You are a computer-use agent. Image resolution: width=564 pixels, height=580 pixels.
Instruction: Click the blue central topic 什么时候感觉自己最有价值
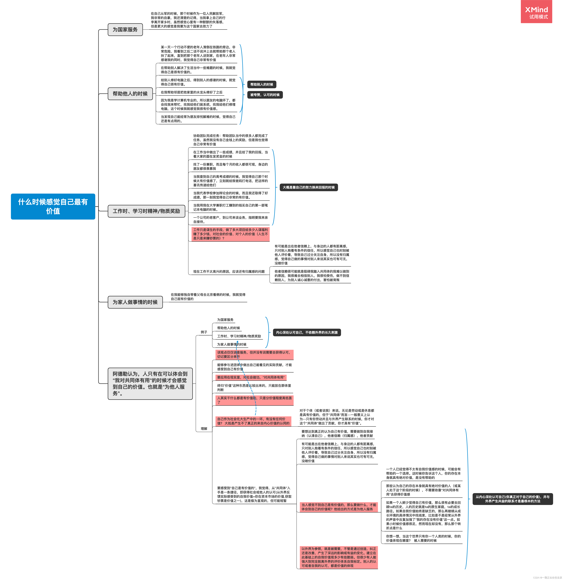[53, 206]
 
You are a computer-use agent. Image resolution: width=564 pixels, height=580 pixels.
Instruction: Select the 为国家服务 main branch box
[125, 30]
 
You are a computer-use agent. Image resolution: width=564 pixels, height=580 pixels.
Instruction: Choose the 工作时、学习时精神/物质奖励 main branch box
[146, 211]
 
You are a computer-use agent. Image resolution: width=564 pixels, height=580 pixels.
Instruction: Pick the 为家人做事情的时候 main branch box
[135, 302]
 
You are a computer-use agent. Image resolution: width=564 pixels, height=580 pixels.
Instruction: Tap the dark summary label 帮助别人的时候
[262, 84]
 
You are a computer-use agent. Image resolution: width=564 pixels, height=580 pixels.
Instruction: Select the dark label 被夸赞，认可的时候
[265, 95]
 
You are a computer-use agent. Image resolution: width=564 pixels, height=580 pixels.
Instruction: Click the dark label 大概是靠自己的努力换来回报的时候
[309, 187]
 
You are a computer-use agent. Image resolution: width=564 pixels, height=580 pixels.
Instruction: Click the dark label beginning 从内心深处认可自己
[512, 499]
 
